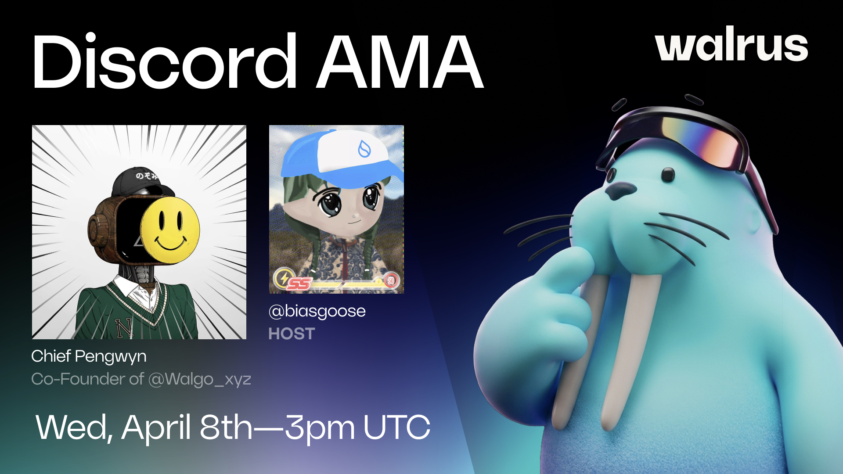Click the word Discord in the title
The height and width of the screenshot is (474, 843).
point(164,61)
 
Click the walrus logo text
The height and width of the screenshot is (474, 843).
point(731,45)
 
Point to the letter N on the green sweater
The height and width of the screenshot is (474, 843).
point(124,327)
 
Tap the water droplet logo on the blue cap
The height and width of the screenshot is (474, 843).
point(364,149)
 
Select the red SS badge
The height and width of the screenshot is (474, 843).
point(299,284)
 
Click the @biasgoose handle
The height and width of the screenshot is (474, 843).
point(317,311)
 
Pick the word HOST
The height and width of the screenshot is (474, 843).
point(292,334)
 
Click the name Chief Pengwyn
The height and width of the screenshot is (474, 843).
point(89,356)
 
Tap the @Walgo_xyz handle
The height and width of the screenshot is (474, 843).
point(200,379)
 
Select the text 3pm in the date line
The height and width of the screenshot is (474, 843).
point(320,427)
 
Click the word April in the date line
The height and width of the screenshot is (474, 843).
point(156,427)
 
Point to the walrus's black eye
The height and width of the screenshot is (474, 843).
point(668,175)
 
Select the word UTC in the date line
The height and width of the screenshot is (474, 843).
point(397,427)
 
